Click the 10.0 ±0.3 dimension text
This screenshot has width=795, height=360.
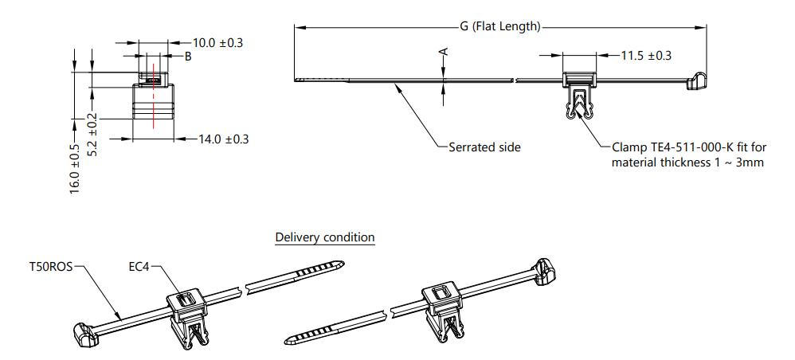217,42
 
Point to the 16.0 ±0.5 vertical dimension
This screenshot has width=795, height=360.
75,169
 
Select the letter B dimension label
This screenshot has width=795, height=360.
188,57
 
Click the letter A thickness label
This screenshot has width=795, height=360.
444,52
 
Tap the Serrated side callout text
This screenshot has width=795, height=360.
484,147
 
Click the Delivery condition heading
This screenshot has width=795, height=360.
324,237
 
